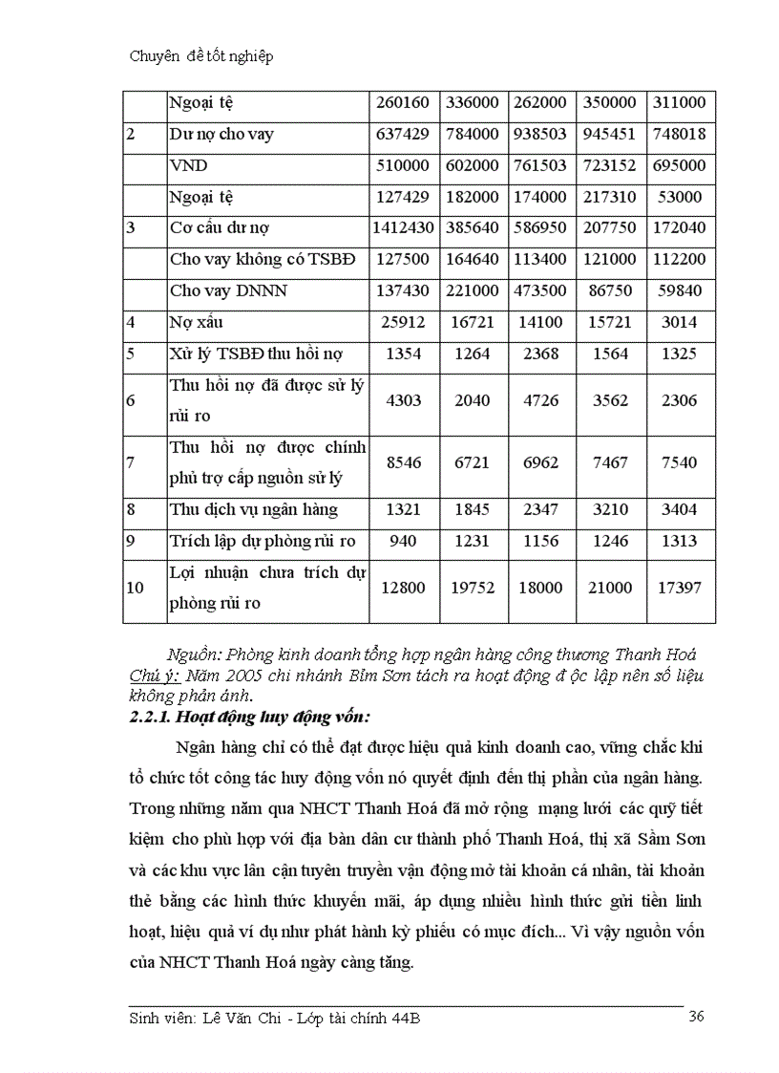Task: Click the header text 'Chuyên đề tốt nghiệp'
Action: click(200, 56)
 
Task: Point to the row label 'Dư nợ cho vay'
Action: click(221, 135)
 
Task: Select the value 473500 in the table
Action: click(540, 291)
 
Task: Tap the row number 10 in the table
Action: click(136, 588)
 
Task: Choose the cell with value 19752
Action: click(474, 588)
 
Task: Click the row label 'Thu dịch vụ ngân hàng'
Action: click(254, 510)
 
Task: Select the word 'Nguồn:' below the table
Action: click(194, 655)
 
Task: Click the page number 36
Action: click(696, 1017)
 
